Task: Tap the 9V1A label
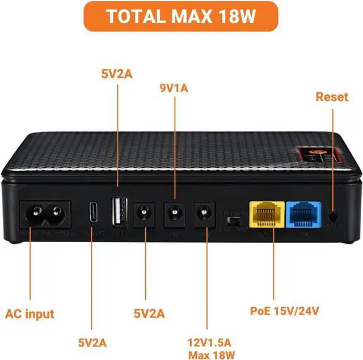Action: tap(174, 88)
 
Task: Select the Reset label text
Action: tap(331, 97)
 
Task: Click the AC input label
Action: tap(29, 314)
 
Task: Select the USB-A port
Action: tap(118, 212)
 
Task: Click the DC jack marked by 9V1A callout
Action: tap(174, 214)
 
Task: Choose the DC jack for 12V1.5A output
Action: tap(204, 214)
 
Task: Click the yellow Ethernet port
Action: tap(265, 214)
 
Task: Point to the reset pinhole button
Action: tap(333, 215)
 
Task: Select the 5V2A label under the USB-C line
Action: tap(94, 342)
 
